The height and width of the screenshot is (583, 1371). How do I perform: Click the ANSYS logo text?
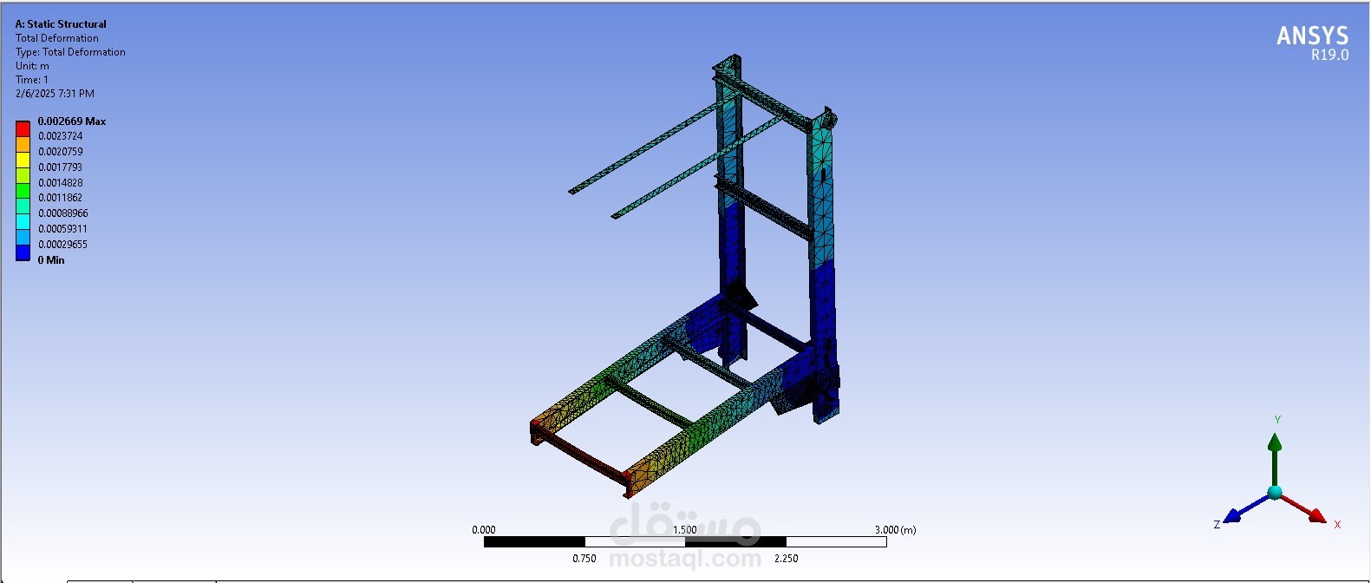point(1312,36)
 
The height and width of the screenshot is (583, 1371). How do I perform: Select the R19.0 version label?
point(1329,55)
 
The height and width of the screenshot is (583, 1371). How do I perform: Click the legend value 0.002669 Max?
point(72,121)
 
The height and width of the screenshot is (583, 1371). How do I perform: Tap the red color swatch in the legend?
point(23,128)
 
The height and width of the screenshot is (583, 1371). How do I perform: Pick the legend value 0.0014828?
point(61,183)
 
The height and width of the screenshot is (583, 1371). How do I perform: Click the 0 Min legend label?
point(51,260)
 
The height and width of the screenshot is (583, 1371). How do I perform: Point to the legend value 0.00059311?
point(62,229)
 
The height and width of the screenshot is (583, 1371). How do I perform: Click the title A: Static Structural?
point(61,24)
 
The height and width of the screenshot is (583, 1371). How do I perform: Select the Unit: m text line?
point(32,66)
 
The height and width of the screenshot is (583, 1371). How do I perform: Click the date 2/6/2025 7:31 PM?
point(55,94)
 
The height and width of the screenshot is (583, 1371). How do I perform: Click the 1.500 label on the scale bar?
point(684,530)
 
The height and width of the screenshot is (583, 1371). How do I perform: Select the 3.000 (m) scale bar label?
point(895,530)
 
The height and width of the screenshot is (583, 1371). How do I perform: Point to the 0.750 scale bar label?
point(584,559)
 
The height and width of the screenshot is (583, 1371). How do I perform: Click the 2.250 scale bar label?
point(786,559)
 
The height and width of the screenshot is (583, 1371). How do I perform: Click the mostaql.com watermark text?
point(685,560)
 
